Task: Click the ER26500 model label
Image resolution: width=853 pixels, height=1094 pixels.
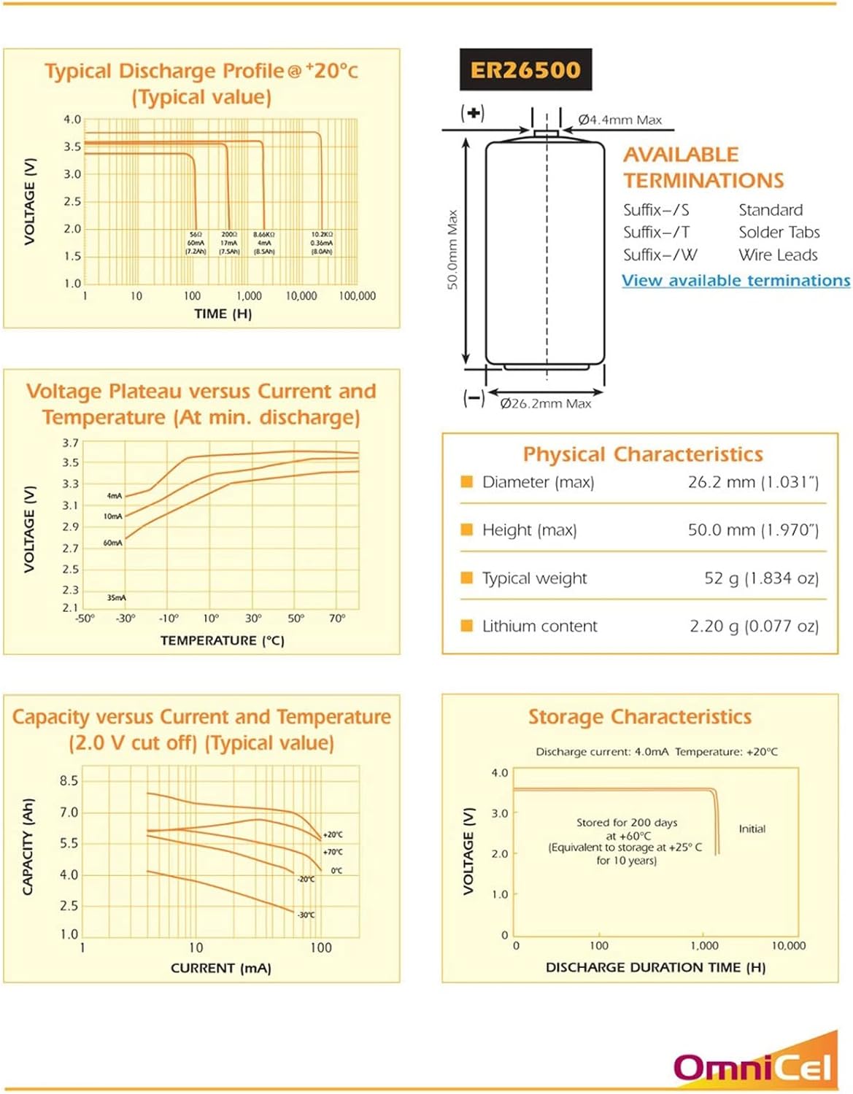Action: point(525,70)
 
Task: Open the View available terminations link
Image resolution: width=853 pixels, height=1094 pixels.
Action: point(736,281)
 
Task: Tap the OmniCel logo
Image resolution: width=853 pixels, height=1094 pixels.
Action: point(753,1066)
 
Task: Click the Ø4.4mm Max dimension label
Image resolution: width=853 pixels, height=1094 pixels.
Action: point(620,120)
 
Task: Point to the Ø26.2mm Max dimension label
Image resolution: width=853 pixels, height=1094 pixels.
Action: point(546,403)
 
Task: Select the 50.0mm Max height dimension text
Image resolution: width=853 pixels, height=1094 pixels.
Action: point(452,249)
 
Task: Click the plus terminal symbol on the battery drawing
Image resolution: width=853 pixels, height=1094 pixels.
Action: point(474,113)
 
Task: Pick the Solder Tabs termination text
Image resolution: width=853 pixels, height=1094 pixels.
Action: point(779,233)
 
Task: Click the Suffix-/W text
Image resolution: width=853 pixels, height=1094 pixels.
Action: point(660,255)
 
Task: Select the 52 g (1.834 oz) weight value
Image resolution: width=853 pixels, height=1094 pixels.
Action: point(761,578)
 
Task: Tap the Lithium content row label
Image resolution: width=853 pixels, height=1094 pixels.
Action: point(539,626)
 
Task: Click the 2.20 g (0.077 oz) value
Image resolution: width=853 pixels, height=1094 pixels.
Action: point(754,626)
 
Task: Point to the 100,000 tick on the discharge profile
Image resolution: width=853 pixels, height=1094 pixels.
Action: point(357,296)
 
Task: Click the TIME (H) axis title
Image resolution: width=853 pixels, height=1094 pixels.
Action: point(223,314)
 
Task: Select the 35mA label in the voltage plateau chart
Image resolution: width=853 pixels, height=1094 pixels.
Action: point(117,598)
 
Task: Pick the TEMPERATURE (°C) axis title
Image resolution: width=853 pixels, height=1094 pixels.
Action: point(222,640)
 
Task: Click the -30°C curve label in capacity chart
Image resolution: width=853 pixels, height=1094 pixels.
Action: point(306,915)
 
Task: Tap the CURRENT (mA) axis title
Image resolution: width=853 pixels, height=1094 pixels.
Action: point(220,969)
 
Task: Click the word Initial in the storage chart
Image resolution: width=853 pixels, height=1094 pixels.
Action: point(752,829)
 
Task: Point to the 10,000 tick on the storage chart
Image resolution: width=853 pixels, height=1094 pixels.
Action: point(788,946)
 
